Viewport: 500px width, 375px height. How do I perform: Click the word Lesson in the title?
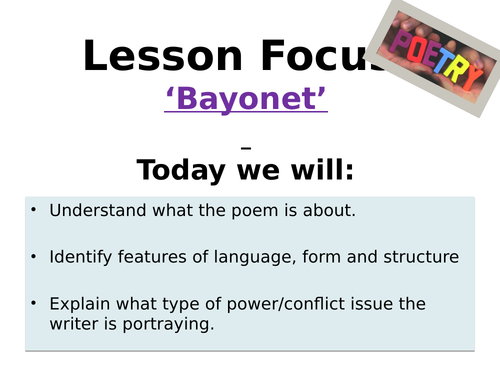[x=144, y=57]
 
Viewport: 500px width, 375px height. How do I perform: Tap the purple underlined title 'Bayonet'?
[x=247, y=102]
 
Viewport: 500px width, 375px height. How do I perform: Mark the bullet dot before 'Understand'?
[x=33, y=210]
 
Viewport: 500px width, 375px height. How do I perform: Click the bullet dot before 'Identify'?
[x=33, y=257]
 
